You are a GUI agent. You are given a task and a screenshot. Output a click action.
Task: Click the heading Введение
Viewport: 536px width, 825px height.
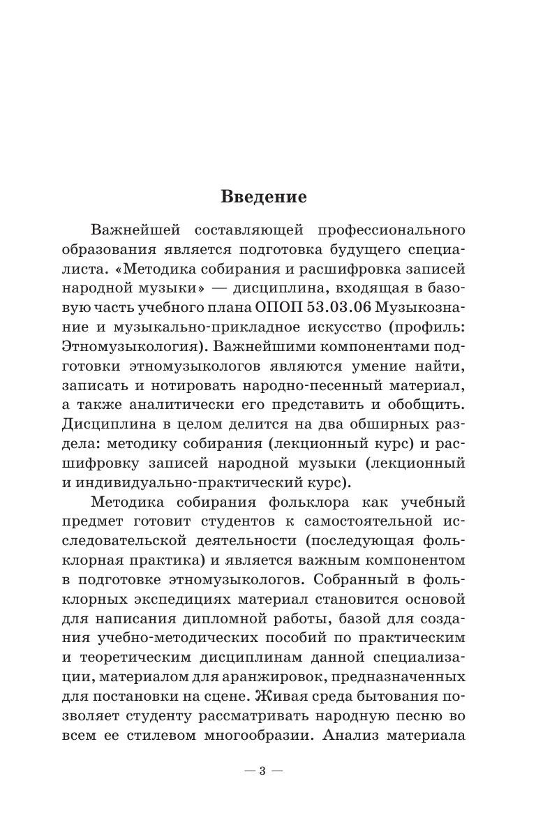pyautogui.click(x=264, y=196)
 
